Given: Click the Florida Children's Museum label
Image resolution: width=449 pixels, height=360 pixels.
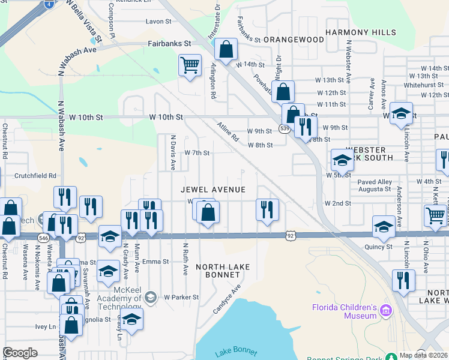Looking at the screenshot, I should (344, 313).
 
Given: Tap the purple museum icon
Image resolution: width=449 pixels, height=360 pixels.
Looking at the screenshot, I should (385, 311).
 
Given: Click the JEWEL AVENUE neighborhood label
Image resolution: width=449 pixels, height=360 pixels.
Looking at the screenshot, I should (213, 190).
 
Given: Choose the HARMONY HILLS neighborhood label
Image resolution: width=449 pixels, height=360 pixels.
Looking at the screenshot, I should (361, 32).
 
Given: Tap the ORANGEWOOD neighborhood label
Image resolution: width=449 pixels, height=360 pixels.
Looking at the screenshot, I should (294, 40).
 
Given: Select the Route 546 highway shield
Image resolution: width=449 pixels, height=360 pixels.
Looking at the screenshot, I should (43, 237).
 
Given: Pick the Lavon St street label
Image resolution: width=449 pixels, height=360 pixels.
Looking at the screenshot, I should (158, 22).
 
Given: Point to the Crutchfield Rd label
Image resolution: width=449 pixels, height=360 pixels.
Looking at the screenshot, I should (35, 176).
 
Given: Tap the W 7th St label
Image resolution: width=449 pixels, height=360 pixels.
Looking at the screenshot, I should (197, 153).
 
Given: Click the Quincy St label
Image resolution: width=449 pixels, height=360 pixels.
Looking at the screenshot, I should (378, 247).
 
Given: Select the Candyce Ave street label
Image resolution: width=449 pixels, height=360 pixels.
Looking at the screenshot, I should (227, 299).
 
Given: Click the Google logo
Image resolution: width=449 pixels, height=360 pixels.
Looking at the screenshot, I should (20, 353).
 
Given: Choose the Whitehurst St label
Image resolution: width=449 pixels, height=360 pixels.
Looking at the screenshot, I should (424, 85).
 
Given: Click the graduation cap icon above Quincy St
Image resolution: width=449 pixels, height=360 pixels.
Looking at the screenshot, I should (384, 226).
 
